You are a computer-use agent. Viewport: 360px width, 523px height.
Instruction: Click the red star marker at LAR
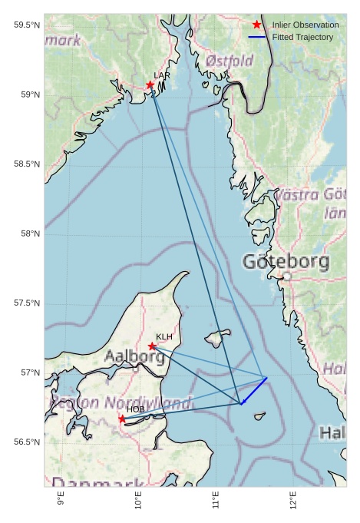(150, 84)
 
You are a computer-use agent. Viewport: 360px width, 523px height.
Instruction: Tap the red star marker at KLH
(152, 346)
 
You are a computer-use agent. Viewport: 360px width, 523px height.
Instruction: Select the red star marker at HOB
(122, 419)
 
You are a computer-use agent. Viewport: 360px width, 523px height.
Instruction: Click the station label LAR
(162, 75)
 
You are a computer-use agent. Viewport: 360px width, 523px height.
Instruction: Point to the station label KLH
(164, 336)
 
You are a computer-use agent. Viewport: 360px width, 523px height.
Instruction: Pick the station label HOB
(135, 409)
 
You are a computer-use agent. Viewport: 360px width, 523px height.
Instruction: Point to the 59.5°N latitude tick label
(27, 25)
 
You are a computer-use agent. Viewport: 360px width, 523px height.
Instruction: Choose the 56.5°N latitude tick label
(27, 442)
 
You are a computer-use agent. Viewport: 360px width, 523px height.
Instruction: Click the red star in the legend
(256, 25)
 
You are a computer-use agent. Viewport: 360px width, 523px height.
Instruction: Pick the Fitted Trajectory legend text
(302, 37)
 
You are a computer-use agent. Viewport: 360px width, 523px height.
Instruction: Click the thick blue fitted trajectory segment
(254, 390)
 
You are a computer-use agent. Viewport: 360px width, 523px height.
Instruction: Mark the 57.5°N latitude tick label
(27, 303)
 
